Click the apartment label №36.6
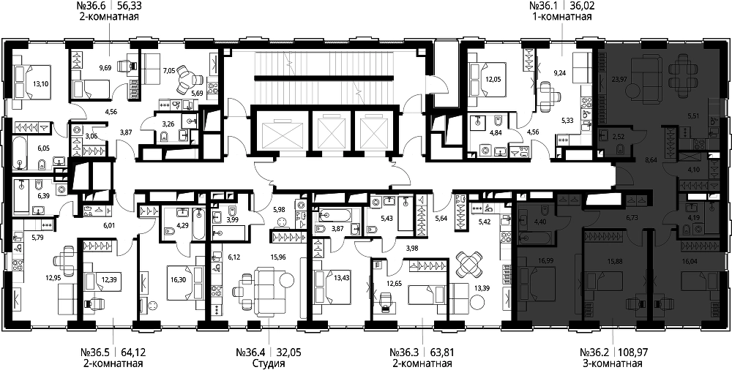pos(91,7)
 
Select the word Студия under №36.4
pos(268,364)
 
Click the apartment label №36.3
pos(406,352)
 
